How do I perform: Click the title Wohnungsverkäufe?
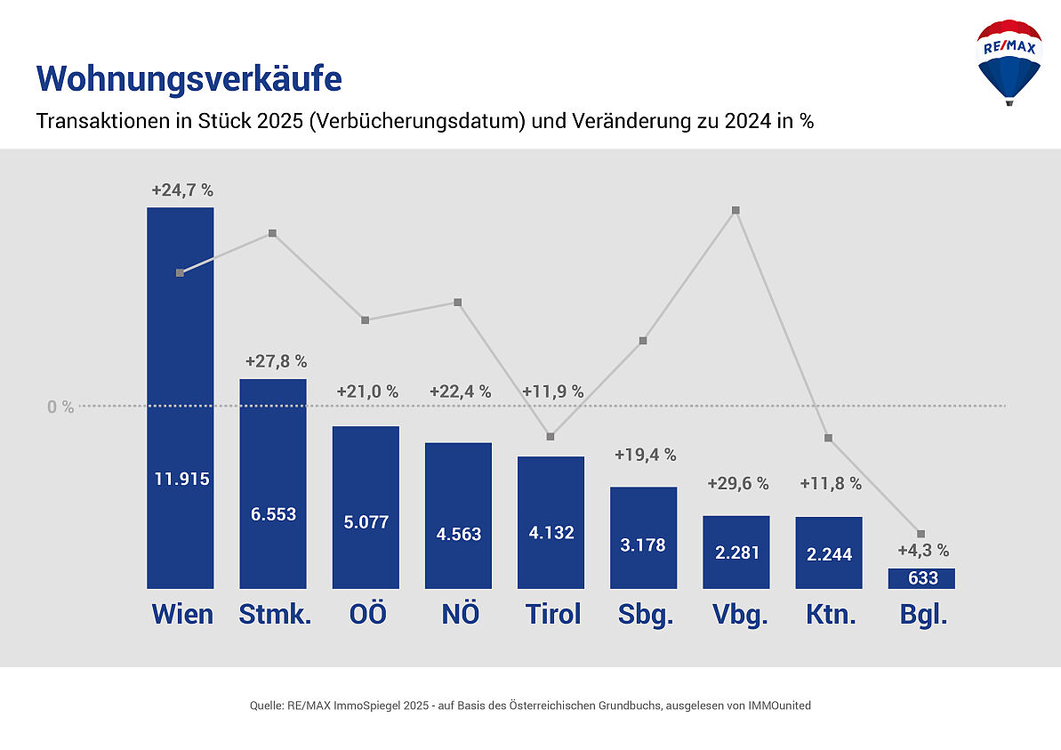tap(189, 79)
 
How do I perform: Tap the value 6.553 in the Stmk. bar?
tap(274, 514)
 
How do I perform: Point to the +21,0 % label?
tap(367, 391)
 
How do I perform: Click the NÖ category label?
tap(460, 614)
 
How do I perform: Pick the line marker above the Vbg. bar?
tap(735, 211)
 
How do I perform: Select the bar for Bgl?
tap(921, 578)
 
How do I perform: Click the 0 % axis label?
tap(60, 407)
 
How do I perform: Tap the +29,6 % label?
tap(737, 484)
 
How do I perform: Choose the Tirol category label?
tap(552, 614)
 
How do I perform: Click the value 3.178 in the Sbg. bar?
tap(643, 544)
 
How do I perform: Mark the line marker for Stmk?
tap(273, 233)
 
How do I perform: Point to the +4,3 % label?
tap(923, 550)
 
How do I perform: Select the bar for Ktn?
tap(829, 553)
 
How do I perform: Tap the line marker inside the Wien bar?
tap(180, 273)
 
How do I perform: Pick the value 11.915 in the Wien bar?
tap(181, 479)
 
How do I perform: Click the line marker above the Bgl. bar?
tap(920, 534)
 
